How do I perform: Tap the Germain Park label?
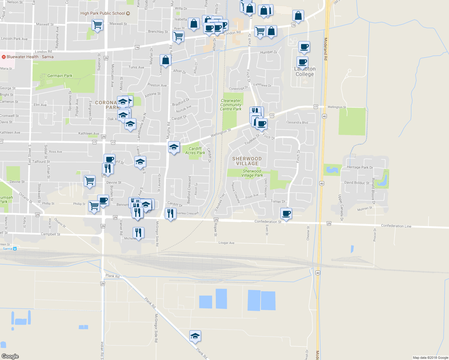60,76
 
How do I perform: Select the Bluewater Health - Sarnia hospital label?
30,57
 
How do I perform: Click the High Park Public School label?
103,13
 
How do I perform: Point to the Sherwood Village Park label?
252,173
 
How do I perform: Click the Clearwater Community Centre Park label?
231,105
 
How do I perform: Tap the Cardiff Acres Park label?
195,151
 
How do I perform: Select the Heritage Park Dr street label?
360,167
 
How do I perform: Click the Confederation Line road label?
396,226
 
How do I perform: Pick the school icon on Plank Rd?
195,336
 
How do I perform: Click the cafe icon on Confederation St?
286,214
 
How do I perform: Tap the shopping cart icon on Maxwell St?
97,25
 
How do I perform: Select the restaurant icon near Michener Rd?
138,233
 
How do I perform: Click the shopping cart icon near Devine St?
89,181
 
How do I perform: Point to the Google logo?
10,356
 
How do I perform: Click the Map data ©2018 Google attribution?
430,358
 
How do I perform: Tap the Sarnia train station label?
8,249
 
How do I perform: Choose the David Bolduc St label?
357,183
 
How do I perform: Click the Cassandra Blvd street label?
297,122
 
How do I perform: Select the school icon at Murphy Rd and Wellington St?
174,147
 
